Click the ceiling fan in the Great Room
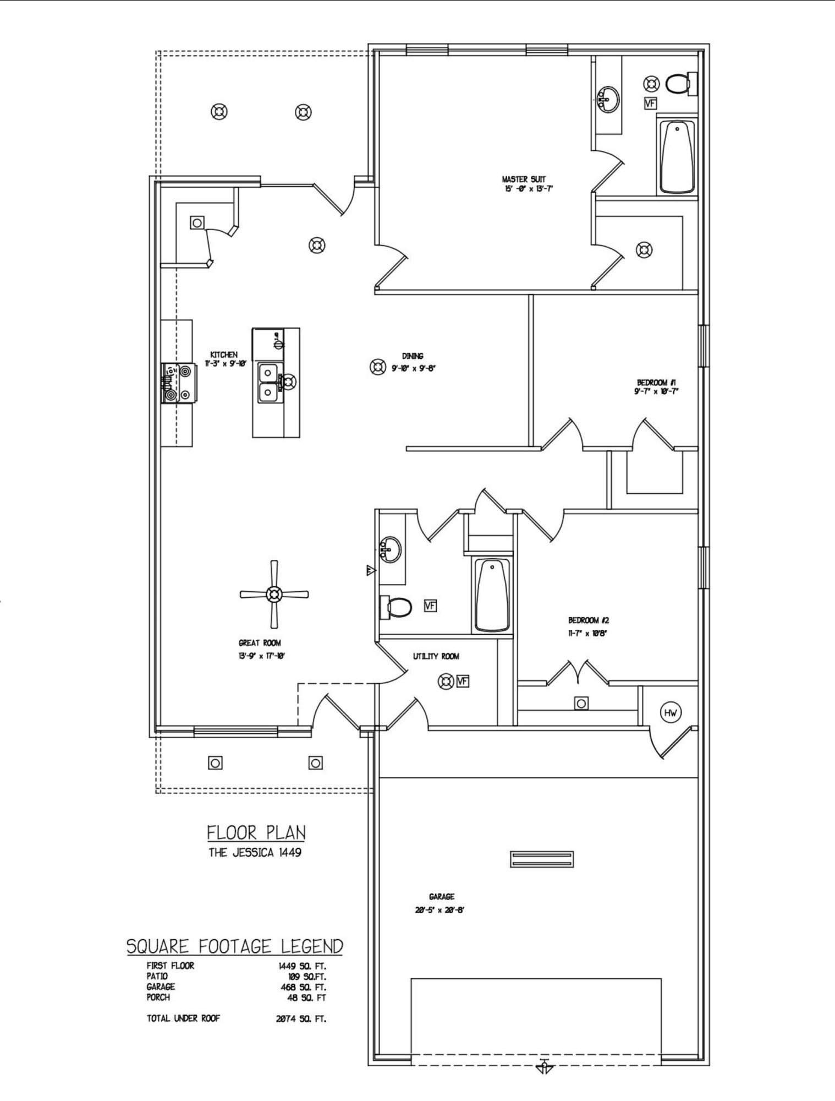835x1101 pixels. pyautogui.click(x=274, y=594)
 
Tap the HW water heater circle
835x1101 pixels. pyautogui.click(x=671, y=713)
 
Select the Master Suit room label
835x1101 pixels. pyautogui.click(x=523, y=179)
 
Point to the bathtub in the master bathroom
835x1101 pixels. pyautogui.click(x=677, y=156)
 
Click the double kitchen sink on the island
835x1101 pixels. pyautogui.click(x=268, y=381)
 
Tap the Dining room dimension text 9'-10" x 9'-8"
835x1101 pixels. pyautogui.click(x=413, y=369)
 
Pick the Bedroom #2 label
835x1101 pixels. pyautogui.click(x=588, y=620)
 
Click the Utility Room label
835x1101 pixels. pyautogui.click(x=436, y=656)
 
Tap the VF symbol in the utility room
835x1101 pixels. pyautogui.click(x=463, y=682)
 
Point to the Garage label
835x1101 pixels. pyautogui.click(x=442, y=897)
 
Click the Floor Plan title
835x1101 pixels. pyautogui.click(x=256, y=832)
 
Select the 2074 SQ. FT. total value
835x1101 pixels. pyautogui.click(x=301, y=1019)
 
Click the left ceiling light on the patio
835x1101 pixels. pyautogui.click(x=219, y=112)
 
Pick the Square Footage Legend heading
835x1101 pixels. pyautogui.click(x=235, y=946)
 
